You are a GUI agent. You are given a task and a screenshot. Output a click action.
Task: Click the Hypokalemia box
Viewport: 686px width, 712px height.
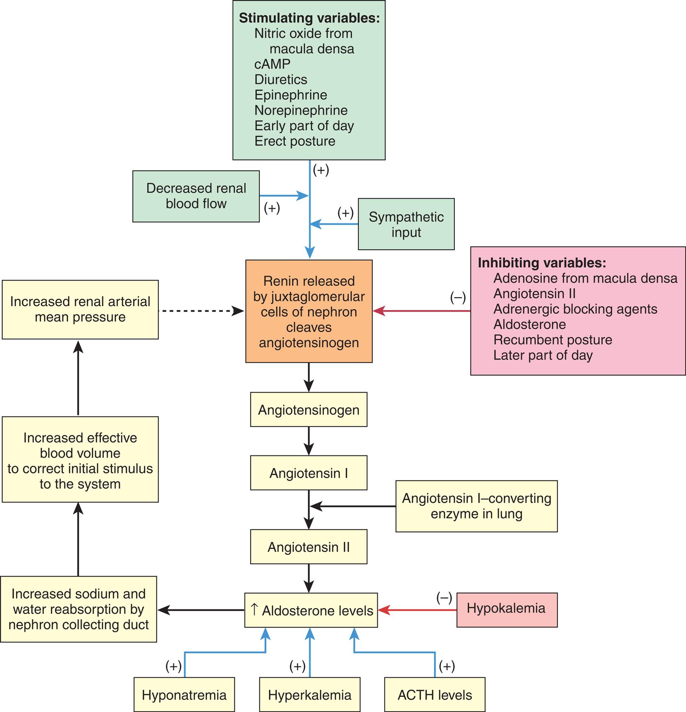(507, 610)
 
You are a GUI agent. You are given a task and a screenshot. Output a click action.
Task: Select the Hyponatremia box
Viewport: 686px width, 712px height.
(184, 695)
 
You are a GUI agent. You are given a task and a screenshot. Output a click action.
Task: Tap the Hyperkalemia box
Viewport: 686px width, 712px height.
(310, 695)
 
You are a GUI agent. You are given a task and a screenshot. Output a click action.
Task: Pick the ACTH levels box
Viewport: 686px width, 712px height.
(434, 695)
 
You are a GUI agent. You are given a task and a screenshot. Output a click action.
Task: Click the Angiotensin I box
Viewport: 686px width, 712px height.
(309, 473)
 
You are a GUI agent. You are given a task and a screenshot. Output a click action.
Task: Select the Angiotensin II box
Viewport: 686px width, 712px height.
(309, 547)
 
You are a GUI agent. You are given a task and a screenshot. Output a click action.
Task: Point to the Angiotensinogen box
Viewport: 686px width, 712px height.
(309, 410)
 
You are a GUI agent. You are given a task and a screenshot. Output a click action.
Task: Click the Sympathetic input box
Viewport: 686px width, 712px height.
(406, 224)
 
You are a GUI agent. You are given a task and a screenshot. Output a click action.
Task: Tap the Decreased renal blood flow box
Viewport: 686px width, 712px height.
(196, 196)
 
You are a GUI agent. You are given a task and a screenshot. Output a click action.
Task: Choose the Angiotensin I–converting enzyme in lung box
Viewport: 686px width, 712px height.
(476, 506)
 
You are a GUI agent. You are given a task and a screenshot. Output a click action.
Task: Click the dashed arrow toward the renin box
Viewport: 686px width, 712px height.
(201, 311)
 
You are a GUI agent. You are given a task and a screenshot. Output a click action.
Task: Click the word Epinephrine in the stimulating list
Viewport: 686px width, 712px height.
(291, 95)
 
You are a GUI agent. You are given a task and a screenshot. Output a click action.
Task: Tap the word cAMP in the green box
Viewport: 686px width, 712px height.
(272, 64)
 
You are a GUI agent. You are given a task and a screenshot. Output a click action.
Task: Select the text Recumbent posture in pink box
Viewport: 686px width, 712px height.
(553, 340)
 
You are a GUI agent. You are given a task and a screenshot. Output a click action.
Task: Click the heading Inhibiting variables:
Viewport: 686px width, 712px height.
(541, 263)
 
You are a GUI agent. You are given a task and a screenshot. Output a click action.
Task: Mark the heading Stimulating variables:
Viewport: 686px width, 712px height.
(309, 18)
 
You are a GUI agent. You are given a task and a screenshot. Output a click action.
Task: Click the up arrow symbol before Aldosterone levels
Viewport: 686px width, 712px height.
(254, 609)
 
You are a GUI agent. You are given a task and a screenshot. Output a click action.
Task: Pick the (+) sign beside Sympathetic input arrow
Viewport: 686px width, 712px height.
(345, 213)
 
